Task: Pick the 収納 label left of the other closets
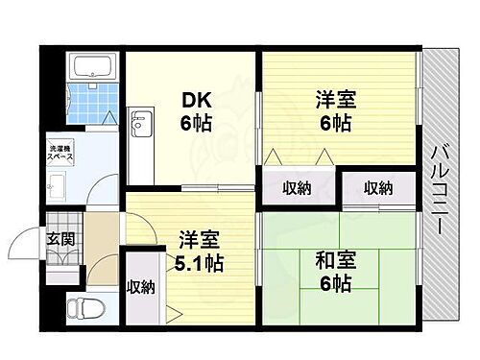[296, 188]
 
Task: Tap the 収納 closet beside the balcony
[377, 188]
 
